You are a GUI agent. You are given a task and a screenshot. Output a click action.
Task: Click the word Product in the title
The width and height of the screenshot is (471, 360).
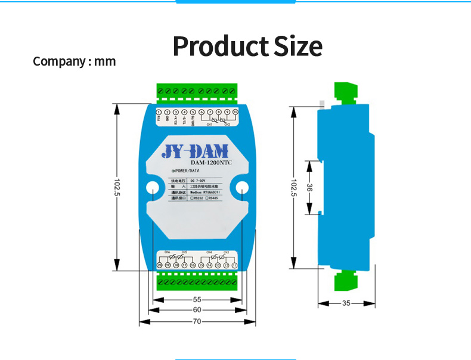(220, 46)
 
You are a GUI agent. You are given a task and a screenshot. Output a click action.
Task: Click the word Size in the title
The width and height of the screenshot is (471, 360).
(298, 46)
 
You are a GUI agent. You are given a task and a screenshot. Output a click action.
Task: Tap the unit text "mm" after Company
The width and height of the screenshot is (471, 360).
(106, 61)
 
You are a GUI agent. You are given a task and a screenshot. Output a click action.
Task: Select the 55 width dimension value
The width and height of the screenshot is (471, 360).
(197, 300)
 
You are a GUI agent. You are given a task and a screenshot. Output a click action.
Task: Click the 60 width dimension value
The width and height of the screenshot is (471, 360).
(197, 310)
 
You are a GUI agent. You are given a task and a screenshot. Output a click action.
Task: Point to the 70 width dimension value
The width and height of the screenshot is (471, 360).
(197, 321)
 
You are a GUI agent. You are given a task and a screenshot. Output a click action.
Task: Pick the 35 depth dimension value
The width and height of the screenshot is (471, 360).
(346, 303)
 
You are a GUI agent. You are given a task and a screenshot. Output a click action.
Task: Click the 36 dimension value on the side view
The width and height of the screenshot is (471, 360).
(310, 187)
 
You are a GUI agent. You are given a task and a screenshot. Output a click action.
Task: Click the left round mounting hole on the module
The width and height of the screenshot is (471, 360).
(153, 189)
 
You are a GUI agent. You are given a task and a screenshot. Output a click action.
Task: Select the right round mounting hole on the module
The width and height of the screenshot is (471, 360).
(242, 189)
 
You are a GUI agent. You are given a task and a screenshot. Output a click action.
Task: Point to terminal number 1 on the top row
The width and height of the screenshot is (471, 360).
(159, 113)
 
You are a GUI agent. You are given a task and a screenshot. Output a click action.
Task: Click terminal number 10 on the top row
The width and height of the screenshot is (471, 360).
(235, 112)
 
